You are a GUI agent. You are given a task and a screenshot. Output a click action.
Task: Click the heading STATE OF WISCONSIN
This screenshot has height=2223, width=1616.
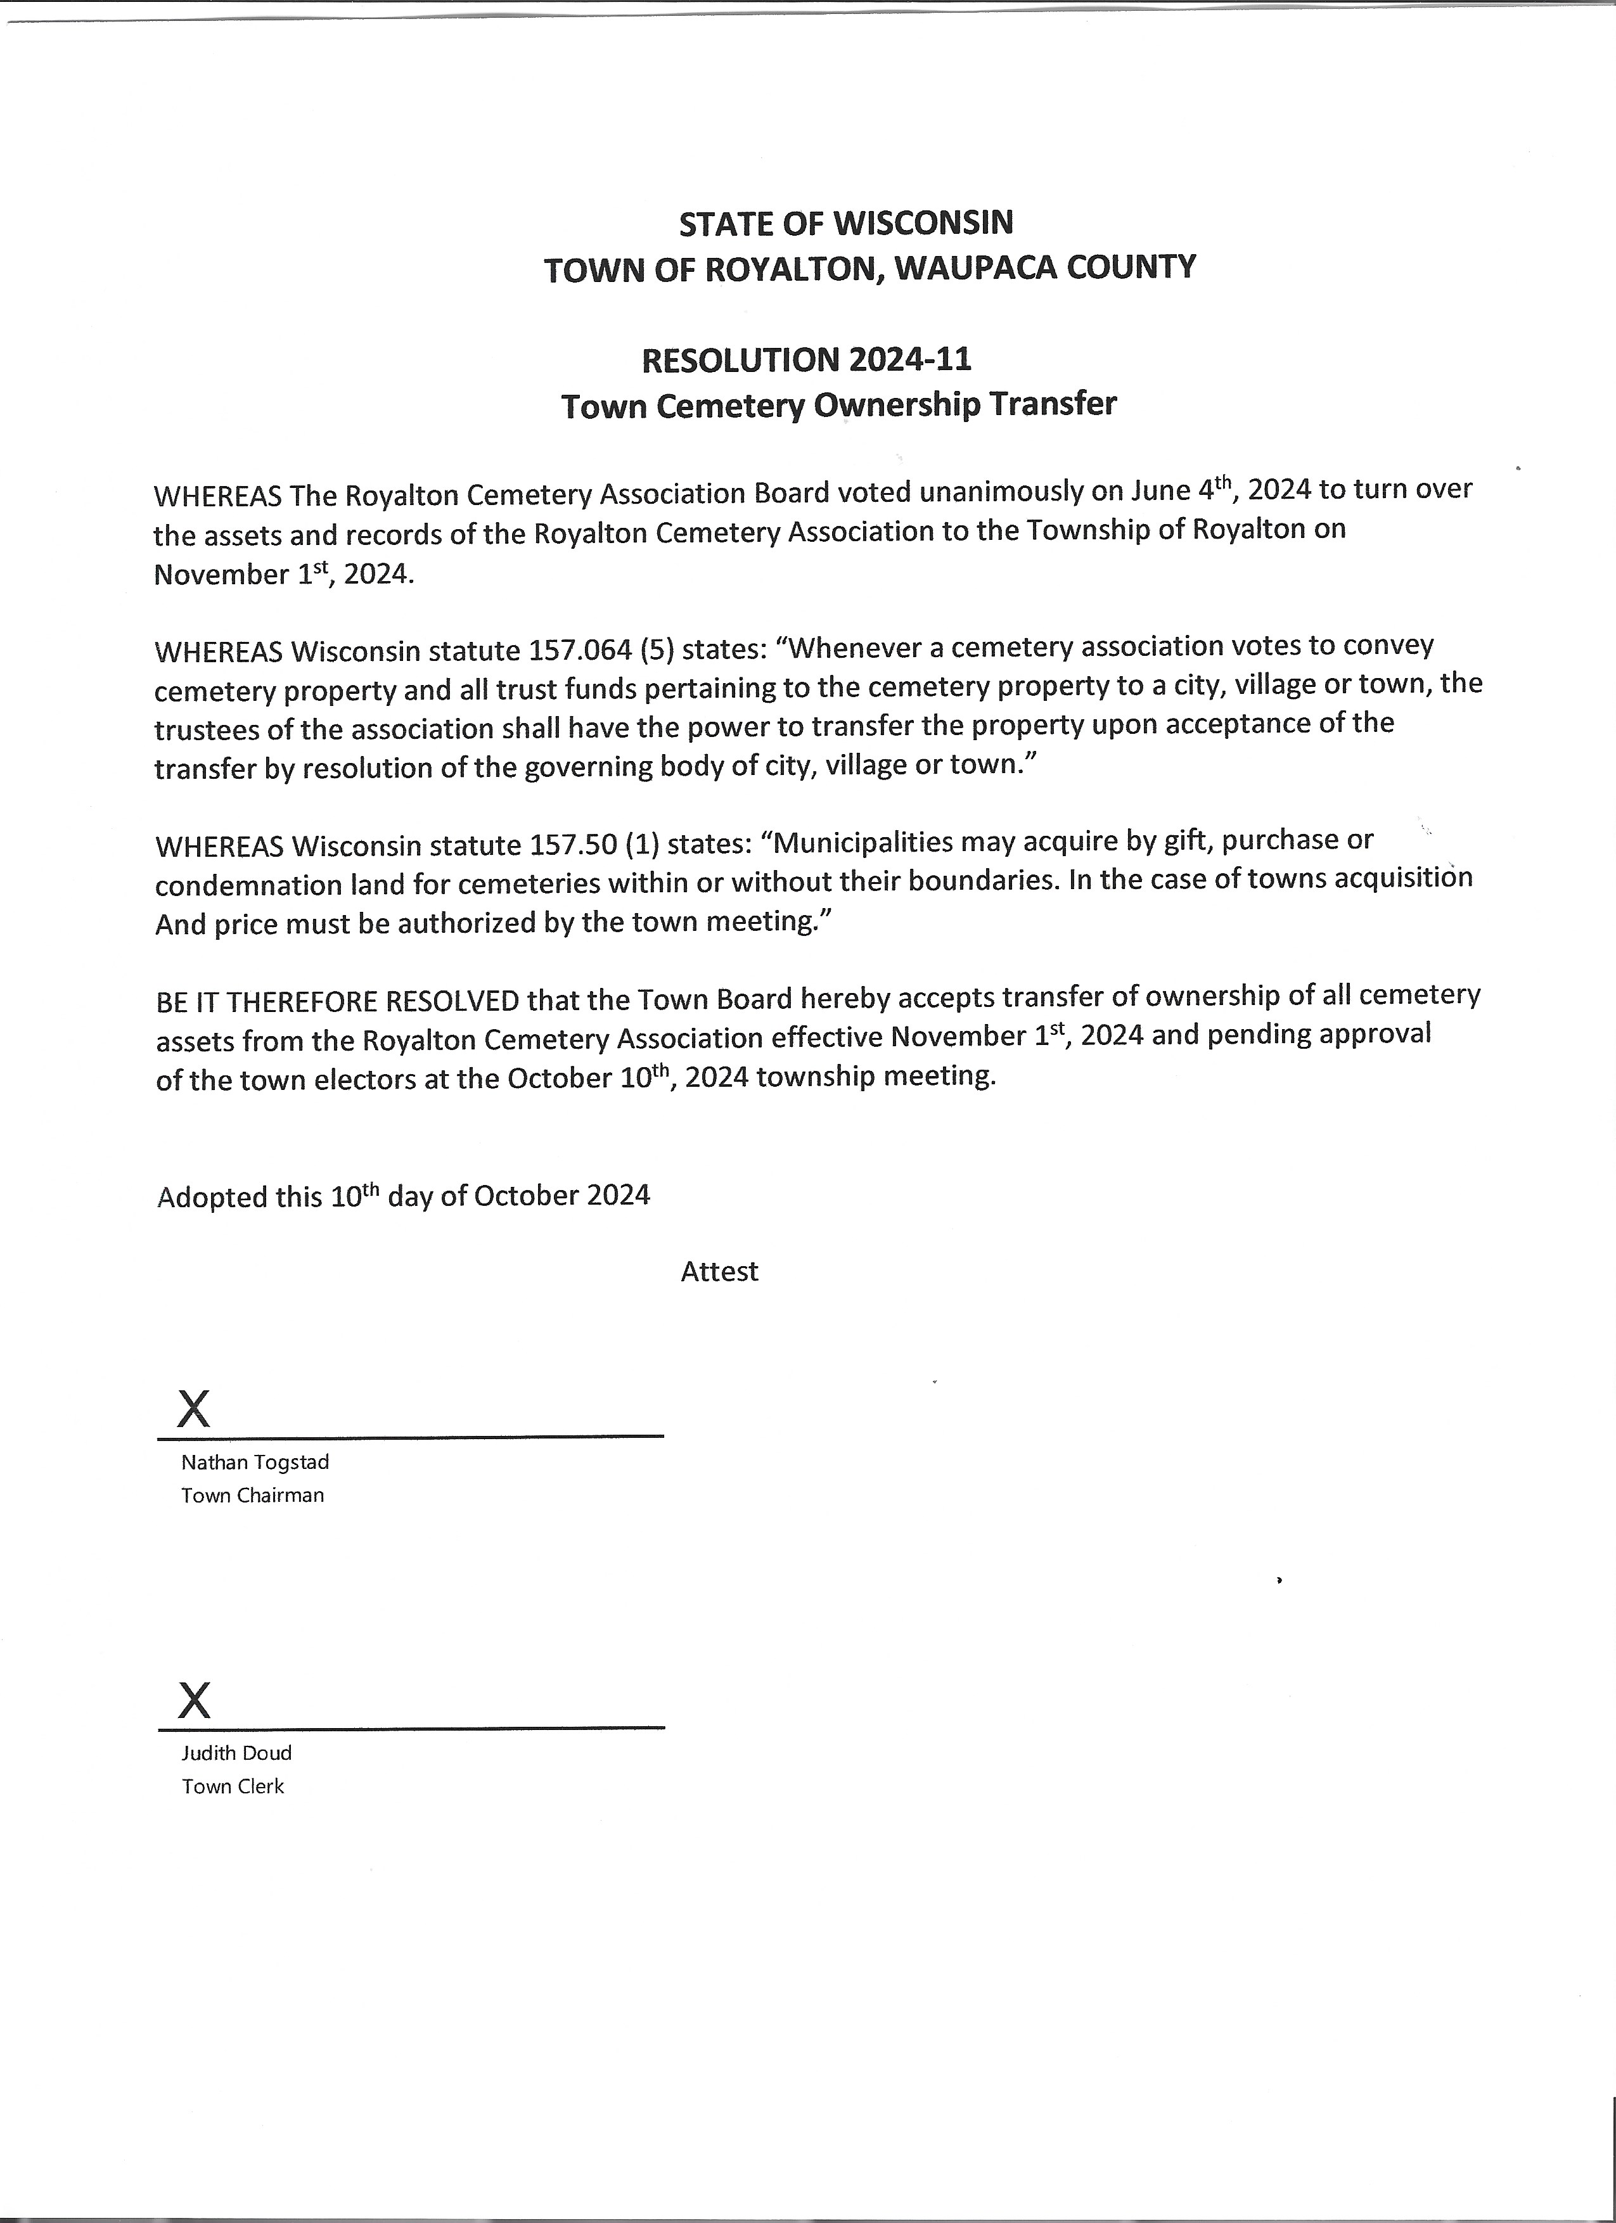pyautogui.click(x=846, y=224)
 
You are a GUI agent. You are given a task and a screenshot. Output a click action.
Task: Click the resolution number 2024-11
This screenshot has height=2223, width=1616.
pyautogui.click(x=911, y=361)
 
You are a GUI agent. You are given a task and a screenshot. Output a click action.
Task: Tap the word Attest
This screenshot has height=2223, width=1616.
pyautogui.click(x=719, y=1271)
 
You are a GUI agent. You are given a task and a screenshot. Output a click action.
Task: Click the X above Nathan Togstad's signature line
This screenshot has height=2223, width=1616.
pyautogui.click(x=193, y=1409)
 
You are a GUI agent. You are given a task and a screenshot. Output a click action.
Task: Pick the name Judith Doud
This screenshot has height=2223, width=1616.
pyautogui.click(x=236, y=1753)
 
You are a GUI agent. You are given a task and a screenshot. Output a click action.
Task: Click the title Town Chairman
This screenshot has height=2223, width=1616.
pyautogui.click(x=252, y=1495)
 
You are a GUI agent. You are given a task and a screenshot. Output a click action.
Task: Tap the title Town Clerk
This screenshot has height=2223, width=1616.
pyautogui.click(x=232, y=1786)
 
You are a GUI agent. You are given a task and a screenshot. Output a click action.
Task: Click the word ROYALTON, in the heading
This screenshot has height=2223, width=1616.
pyautogui.click(x=795, y=269)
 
